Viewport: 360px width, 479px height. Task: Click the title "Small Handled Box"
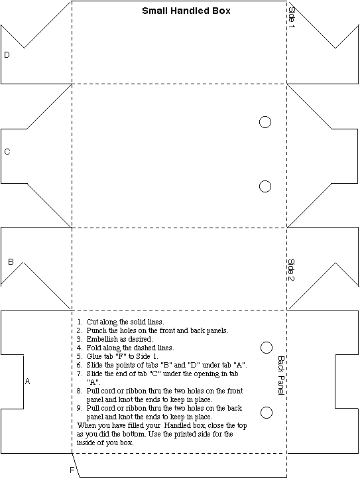tap(186, 11)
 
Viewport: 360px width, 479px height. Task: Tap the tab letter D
tap(7, 54)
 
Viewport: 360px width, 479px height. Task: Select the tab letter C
tap(7, 151)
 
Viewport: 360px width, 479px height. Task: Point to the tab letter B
tap(11, 262)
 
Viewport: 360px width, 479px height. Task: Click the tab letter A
tap(27, 381)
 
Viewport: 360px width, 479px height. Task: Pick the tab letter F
tap(72, 470)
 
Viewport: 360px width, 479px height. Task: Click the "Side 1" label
tap(292, 17)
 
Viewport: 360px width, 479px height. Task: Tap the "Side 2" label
tap(291, 270)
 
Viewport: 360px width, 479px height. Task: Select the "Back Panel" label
tap(281, 375)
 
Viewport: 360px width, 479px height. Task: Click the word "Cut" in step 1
tap(92, 322)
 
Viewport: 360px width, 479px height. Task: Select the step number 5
tap(79, 356)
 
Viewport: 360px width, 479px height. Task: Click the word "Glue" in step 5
tap(93, 356)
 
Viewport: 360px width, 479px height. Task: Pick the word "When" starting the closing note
tap(86, 425)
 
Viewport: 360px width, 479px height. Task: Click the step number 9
tap(79, 408)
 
